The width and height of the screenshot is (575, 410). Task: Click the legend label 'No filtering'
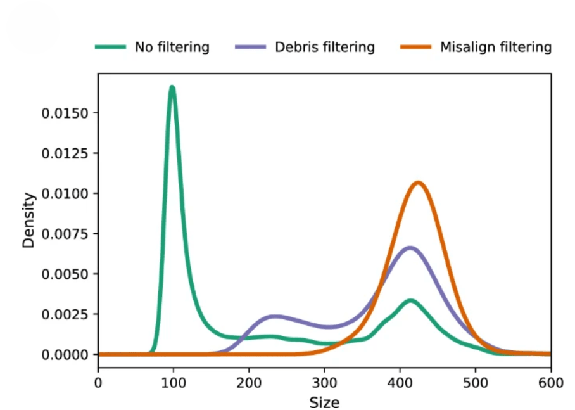pos(172,48)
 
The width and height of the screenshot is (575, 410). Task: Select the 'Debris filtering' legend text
pos(325,48)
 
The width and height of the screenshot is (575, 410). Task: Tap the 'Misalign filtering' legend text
pos(496,48)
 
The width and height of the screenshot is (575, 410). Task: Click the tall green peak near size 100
pos(172,87)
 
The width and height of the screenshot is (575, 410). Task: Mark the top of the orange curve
pos(418,183)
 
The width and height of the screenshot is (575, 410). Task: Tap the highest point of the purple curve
pos(410,247)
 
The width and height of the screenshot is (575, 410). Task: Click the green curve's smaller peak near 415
pos(411,300)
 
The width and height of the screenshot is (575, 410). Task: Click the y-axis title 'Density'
pos(29,220)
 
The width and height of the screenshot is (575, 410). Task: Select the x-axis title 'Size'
pos(324,402)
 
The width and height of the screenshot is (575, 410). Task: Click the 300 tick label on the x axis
pos(324,382)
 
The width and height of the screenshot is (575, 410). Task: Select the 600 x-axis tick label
pos(550,382)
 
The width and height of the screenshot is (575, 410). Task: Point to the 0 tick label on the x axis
pos(98,382)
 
